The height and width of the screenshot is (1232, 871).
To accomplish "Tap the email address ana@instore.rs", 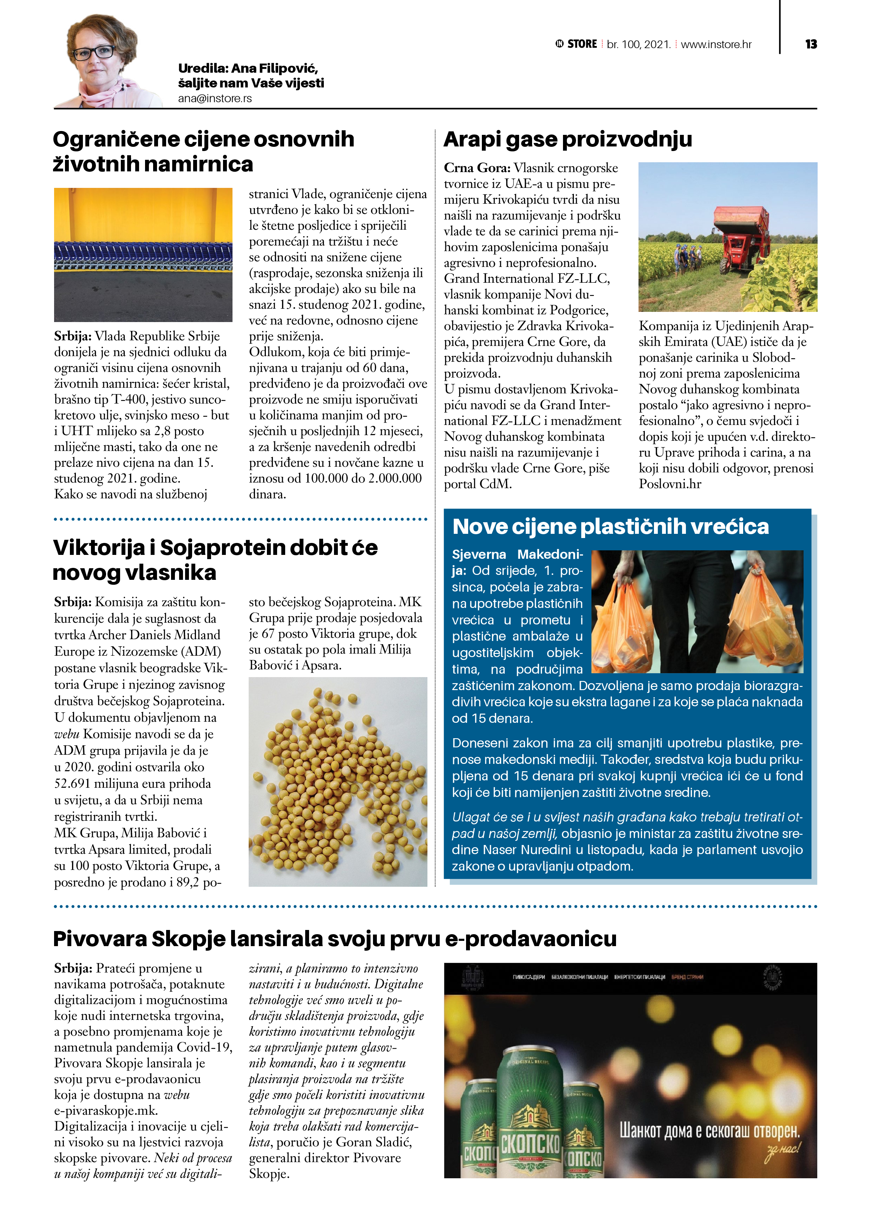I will tap(215, 99).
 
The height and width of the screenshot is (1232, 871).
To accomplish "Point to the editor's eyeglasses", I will tap(93, 53).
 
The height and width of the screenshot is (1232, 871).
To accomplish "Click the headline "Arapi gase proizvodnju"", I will tap(567, 139).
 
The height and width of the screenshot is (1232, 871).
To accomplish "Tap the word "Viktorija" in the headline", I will tap(99, 548).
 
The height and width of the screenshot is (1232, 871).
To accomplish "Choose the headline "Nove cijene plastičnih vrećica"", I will tap(610, 527).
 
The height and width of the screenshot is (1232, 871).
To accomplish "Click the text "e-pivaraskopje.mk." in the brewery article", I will tap(106, 1110).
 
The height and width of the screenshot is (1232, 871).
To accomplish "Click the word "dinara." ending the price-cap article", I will tap(267, 494).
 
